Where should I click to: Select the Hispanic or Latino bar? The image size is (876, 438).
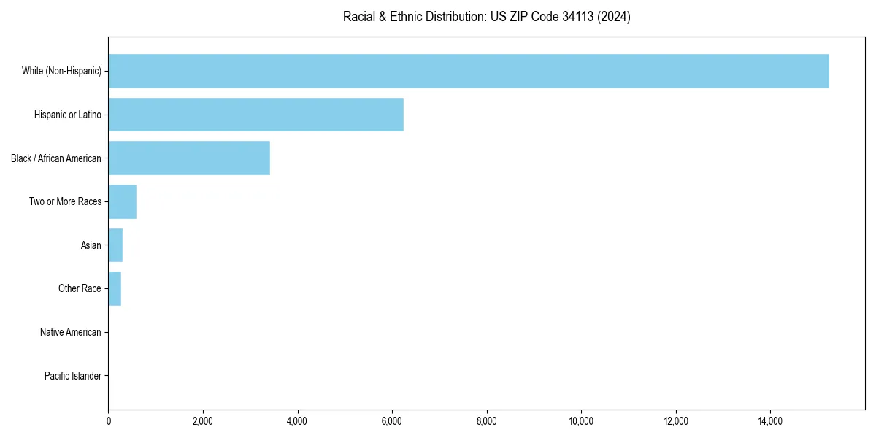pos(255,115)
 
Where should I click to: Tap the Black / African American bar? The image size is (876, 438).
pos(189,158)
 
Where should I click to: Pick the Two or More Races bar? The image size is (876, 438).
pos(123,201)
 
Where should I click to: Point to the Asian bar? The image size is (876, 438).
pos(115,245)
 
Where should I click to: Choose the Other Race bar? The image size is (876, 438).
pos(115,288)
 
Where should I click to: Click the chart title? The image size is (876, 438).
pos(486,17)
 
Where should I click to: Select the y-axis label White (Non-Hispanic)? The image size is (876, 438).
pos(61,71)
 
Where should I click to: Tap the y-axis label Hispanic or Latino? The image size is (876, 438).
pos(68,115)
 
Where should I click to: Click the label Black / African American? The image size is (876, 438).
pos(56,158)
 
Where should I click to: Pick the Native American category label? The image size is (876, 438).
pos(71,332)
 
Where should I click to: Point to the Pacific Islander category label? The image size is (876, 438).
pos(73,376)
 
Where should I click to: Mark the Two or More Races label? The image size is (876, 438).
pos(66,201)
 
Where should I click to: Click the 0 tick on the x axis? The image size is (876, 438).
pos(109,421)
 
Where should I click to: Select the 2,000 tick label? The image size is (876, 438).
pos(203,421)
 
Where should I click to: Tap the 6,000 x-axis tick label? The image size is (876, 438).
pos(392,421)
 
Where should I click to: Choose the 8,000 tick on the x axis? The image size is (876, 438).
pos(487,421)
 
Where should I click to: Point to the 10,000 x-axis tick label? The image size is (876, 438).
pos(581,421)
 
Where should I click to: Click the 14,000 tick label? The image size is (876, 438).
pos(770,421)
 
